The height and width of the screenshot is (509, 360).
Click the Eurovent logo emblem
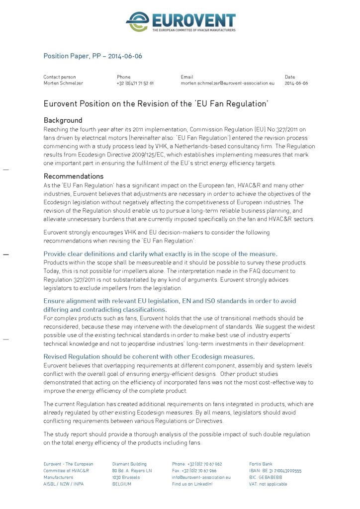(138, 22)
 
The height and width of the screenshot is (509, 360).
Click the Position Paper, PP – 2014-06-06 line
(92, 56)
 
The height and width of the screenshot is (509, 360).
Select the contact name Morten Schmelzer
(63, 84)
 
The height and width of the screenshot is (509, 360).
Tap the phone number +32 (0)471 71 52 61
(135, 84)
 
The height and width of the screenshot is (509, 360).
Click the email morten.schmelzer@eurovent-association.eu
(227, 84)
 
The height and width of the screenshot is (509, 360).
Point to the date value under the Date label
(296, 84)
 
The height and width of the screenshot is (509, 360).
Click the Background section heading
(63, 120)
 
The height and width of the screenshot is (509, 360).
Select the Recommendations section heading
(74, 176)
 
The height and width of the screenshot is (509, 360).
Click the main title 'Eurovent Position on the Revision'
(156, 104)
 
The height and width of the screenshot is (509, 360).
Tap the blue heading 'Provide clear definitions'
(160, 254)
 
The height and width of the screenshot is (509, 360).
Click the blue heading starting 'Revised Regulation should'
(149, 356)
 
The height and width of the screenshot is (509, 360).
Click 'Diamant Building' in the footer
(129, 464)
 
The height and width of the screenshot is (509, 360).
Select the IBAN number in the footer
(275, 471)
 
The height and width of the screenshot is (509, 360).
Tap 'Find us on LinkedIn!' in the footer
(192, 484)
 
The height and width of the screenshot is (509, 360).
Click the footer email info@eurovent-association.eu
(201, 477)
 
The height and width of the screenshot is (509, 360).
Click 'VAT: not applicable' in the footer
(268, 484)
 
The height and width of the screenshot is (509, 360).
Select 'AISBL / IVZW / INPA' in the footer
(64, 484)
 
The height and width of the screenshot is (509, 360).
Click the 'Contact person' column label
(60, 77)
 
